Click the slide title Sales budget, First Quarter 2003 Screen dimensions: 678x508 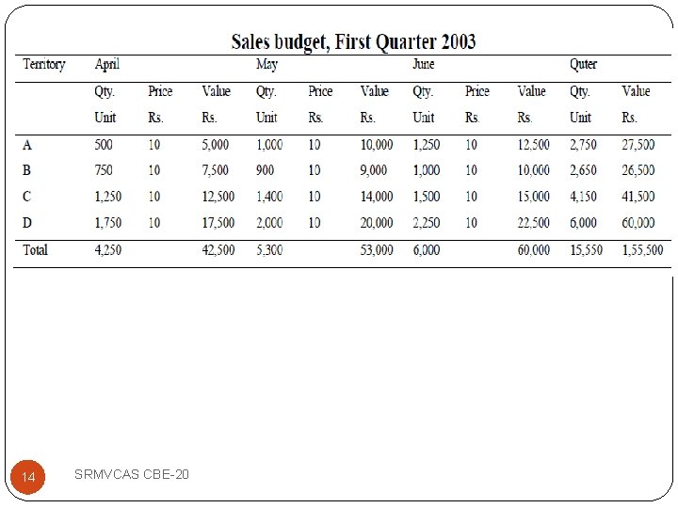tap(353, 42)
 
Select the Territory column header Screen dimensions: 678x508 tap(44, 64)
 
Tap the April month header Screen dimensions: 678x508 tap(106, 64)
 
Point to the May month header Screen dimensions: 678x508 tap(266, 64)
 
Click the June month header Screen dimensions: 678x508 tap(424, 64)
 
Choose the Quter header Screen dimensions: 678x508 tap(583, 64)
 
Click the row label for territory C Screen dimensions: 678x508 tap(26, 197)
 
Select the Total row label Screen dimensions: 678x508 tap(35, 249)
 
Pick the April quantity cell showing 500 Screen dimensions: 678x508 tap(104, 144)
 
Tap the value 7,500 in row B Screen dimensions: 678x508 tap(216, 170)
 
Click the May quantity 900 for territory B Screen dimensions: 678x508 tap(265, 170)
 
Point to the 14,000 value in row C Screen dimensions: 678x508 tap(377, 197)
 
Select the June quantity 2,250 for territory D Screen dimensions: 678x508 tap(427, 223)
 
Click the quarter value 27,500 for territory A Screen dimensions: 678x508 tap(638, 144)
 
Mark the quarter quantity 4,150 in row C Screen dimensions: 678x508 tap(583, 197)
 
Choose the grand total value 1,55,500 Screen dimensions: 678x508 tap(642, 249)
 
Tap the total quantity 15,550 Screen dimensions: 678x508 tap(586, 249)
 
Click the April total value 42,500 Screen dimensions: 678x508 tap(218, 249)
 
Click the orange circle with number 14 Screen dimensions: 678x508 tap(27, 477)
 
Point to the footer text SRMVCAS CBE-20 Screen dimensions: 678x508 tap(132, 474)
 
